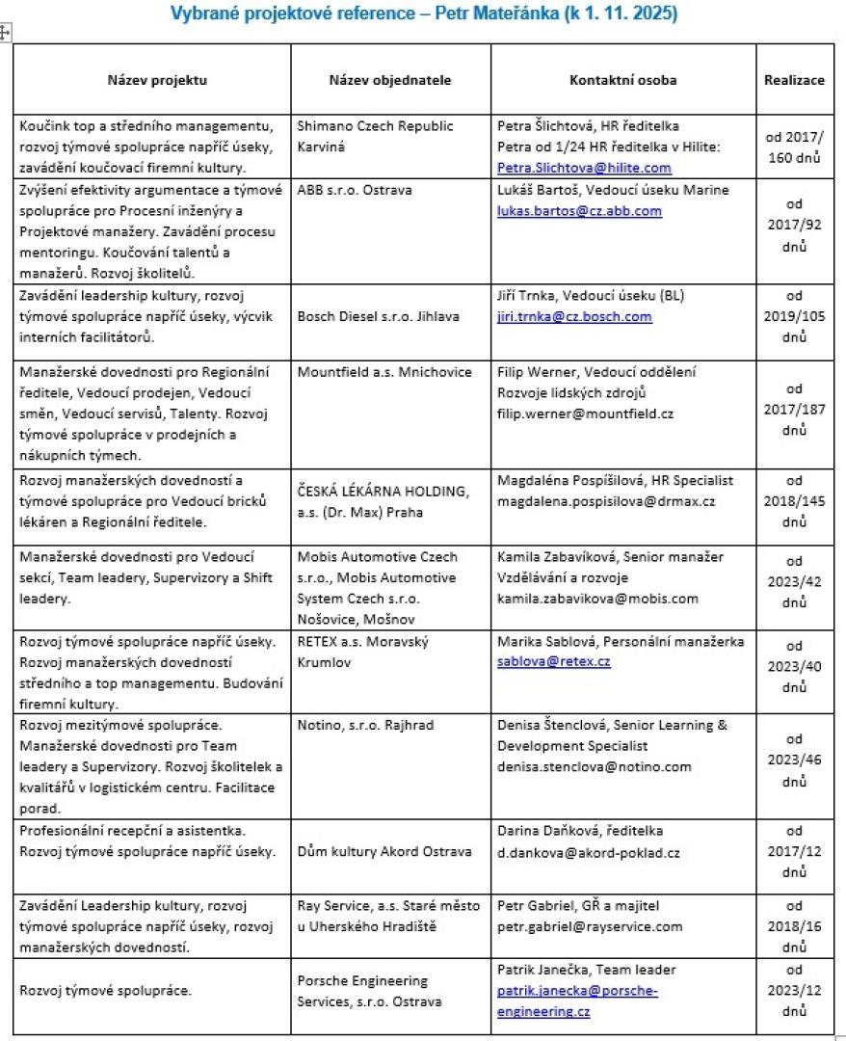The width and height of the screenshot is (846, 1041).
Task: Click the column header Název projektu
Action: point(158,80)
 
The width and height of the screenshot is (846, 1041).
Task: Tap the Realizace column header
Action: point(795,80)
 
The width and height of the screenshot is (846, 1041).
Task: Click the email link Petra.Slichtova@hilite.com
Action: point(584,168)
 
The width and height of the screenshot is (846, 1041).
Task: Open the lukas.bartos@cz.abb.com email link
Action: point(579,210)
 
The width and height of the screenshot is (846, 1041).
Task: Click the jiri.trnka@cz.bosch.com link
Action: point(574,316)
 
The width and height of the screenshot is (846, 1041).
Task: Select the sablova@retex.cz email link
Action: point(554,661)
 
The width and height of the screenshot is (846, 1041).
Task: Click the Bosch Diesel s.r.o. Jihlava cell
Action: point(377,316)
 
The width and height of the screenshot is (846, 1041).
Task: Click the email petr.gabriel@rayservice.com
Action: point(590,927)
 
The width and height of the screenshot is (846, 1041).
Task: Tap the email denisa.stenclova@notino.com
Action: point(595,767)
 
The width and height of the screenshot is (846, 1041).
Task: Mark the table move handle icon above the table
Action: point(6,34)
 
